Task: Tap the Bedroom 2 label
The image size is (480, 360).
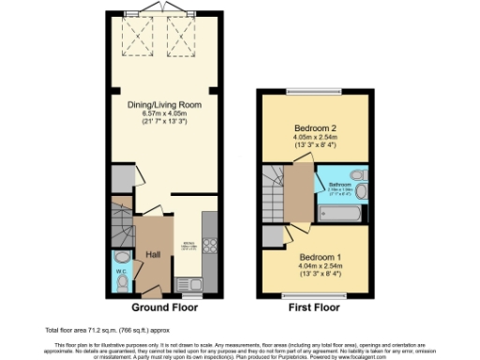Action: click(317, 127)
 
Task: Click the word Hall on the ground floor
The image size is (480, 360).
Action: click(154, 254)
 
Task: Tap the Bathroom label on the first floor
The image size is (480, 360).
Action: click(335, 185)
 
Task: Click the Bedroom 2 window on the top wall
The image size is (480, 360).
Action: click(317, 92)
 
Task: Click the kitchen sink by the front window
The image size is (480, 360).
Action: click(192, 281)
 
